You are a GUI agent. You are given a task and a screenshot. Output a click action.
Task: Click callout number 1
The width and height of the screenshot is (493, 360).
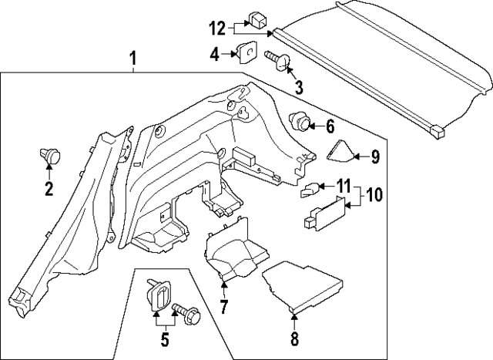tap(133, 59)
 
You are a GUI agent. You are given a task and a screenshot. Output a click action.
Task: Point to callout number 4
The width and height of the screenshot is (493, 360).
tap(215, 54)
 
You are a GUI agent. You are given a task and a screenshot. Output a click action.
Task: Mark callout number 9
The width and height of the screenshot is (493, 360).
tap(374, 157)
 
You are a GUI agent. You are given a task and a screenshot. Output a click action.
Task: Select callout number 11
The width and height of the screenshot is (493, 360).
tap(343, 186)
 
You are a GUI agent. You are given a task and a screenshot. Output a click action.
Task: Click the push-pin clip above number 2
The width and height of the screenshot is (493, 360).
tap(51, 156)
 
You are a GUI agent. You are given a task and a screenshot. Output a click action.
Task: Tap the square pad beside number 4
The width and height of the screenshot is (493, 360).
tap(246, 52)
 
